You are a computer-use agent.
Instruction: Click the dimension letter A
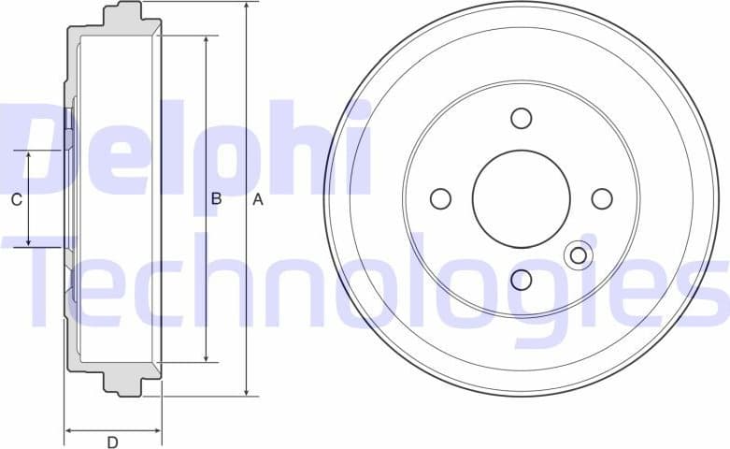tap(259, 199)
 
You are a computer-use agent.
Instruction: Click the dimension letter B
tap(215, 199)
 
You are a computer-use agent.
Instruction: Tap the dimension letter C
tap(16, 199)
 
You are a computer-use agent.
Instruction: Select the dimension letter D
tap(112, 442)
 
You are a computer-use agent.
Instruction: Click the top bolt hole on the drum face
tap(522, 118)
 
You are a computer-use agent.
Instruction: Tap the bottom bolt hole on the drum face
tap(522, 279)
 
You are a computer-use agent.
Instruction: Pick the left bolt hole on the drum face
tap(440, 198)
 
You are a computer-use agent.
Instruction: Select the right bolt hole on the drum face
tap(602, 198)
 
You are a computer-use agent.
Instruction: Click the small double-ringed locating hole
tap(579, 255)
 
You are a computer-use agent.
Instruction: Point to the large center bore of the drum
tap(522, 198)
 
